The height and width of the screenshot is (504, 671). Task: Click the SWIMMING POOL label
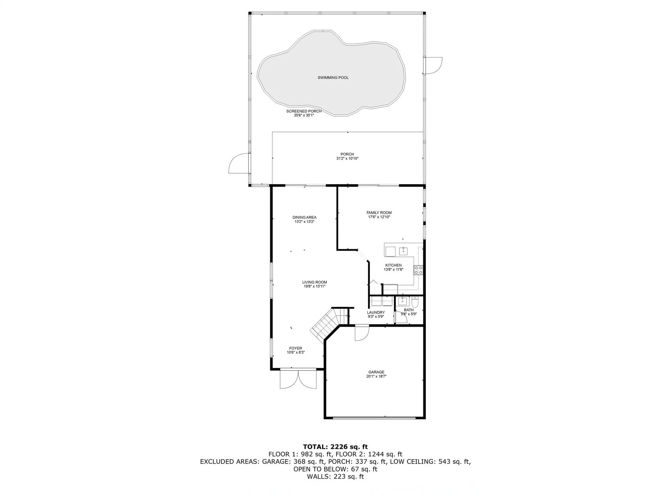tap(333, 78)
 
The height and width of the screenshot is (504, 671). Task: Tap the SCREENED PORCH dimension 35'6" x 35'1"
tap(304, 115)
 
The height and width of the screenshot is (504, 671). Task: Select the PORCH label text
tap(347, 154)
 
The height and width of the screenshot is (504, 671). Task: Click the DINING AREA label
tap(304, 217)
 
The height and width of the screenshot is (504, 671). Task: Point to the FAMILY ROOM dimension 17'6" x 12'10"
tap(379, 217)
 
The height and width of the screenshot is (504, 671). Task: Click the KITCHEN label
tap(393, 265)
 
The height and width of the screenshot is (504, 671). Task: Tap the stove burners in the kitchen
tap(418, 270)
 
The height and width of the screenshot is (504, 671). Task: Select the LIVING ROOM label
tap(314, 282)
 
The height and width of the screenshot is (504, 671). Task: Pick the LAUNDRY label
tap(376, 312)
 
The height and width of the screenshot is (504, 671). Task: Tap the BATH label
tap(409, 310)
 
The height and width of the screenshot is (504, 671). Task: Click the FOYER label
tap(296, 348)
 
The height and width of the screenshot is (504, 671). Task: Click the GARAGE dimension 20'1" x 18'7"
tap(376, 376)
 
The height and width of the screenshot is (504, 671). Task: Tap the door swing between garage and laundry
tap(362, 333)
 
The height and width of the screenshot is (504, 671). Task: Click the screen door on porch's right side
tap(432, 66)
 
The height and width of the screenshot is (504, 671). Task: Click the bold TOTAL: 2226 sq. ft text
tap(335, 447)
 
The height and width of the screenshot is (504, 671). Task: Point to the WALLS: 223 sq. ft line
tap(335, 476)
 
